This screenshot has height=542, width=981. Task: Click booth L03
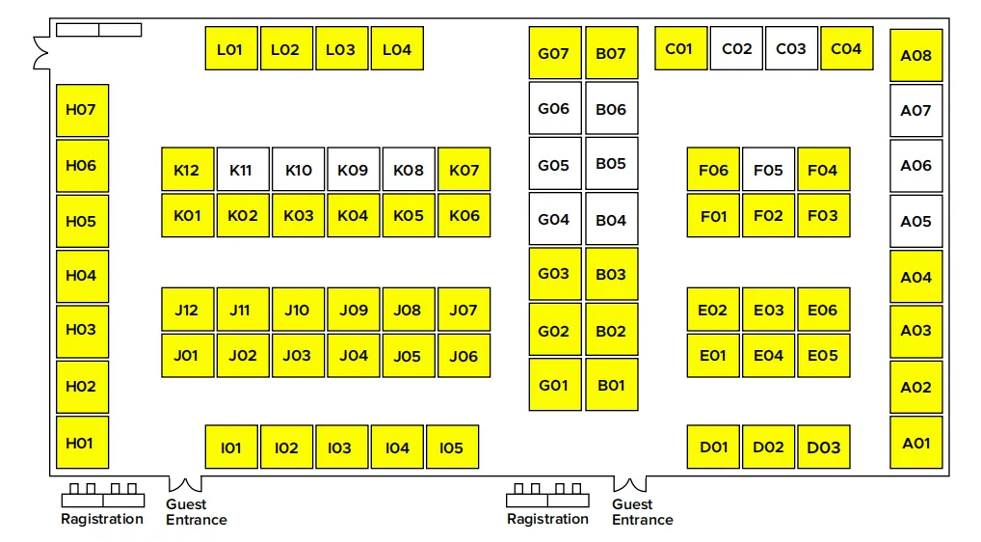(x=341, y=49)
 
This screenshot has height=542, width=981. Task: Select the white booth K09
(x=353, y=170)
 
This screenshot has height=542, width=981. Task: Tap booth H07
(x=82, y=110)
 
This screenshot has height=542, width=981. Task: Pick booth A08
(x=915, y=55)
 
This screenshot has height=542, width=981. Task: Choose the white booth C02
(x=736, y=48)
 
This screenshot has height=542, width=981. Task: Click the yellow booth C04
(x=846, y=48)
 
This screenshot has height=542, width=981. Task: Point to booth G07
(x=554, y=53)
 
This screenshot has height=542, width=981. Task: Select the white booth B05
(x=611, y=164)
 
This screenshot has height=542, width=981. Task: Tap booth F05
(x=768, y=170)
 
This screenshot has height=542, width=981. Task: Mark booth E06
(x=823, y=310)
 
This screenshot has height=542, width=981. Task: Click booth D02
(x=768, y=447)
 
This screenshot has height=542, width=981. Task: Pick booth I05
(x=452, y=447)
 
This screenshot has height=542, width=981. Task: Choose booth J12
(x=187, y=310)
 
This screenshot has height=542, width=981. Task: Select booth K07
(x=464, y=170)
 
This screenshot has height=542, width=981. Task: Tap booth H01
(x=82, y=443)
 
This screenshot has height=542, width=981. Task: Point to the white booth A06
(x=915, y=165)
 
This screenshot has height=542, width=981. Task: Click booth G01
(x=554, y=385)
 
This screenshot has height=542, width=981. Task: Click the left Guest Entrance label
(x=196, y=512)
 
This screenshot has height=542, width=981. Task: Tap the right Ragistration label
(x=547, y=519)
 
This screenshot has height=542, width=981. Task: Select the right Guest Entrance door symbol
(x=631, y=483)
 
